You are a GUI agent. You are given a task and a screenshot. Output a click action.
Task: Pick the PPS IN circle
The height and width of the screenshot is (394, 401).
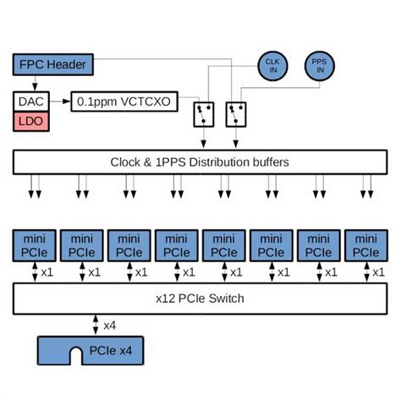pos(321,65)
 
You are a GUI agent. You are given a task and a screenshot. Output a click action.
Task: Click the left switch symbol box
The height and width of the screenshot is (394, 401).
pos(203,113)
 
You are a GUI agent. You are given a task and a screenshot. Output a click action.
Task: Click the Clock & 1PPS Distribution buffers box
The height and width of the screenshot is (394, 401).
pos(200,161)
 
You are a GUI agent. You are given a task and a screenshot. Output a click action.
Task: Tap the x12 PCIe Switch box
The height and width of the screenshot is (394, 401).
pos(200,298)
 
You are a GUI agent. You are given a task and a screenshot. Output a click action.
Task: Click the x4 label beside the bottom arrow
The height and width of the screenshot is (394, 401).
pos(110,325)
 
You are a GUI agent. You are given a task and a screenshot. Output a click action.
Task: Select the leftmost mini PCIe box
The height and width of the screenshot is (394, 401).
pos(35,244)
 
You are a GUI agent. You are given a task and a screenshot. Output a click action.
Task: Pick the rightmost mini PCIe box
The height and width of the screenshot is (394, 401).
pos(366,244)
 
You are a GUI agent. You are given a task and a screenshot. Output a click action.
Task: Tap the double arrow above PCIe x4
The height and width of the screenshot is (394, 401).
pos(94,325)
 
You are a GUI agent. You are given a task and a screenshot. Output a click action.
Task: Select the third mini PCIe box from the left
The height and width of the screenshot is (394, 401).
pos(129,244)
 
